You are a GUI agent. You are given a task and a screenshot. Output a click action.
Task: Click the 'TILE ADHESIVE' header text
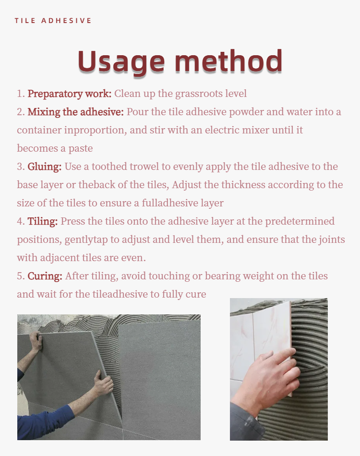[53, 21]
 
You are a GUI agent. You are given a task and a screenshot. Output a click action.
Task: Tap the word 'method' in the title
[228, 61]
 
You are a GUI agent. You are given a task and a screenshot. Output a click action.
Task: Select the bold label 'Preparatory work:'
[70, 94]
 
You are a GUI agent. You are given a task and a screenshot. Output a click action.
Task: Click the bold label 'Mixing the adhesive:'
[76, 112]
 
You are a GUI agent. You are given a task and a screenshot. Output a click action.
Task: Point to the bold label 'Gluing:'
[45, 167]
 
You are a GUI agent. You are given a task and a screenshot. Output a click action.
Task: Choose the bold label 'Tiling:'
[42, 221]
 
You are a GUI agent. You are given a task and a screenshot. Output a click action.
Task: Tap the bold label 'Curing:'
[45, 276]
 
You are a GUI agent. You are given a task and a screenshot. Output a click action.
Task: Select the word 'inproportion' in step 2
[96, 130]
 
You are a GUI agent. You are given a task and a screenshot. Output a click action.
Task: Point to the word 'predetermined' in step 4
[300, 221]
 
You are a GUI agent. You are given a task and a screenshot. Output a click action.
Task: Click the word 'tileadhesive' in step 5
[120, 294]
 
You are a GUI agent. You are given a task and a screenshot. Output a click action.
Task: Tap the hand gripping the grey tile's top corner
[36, 341]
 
